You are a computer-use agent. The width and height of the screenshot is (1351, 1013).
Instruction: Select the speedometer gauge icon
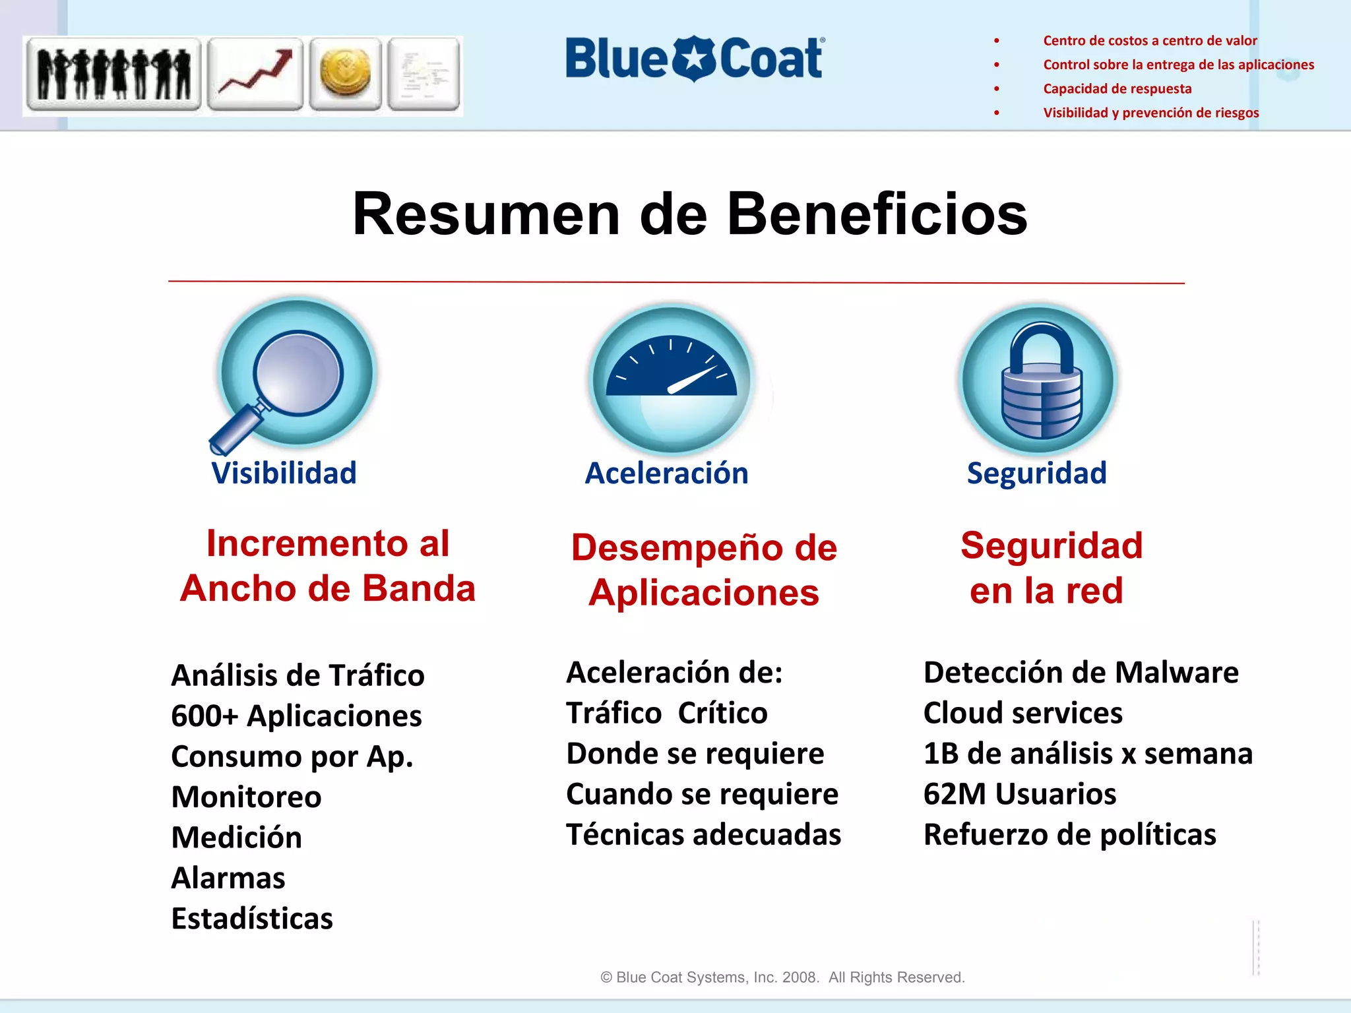point(672,379)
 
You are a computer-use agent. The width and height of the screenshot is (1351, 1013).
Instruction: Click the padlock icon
point(1040,380)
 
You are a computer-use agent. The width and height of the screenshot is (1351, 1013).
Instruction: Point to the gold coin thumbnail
point(345,73)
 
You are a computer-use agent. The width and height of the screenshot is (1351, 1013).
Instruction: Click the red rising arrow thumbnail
point(255,73)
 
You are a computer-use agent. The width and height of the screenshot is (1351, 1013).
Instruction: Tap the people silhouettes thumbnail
point(113,73)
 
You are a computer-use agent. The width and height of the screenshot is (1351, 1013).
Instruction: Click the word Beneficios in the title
point(877,214)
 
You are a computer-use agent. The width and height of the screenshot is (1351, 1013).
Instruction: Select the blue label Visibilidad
point(284,473)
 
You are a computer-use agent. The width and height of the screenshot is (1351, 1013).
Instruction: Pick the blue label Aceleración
point(666,473)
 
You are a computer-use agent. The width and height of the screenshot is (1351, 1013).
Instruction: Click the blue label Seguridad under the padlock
point(1036,473)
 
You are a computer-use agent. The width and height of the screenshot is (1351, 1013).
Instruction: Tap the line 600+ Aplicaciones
point(296,716)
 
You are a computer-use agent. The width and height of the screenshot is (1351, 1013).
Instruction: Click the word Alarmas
point(228,878)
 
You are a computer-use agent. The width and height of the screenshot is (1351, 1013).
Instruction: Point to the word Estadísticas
point(252,919)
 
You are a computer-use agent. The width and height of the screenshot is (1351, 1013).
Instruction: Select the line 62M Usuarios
point(1020,794)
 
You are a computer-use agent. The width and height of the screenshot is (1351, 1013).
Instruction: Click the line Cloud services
point(1022,713)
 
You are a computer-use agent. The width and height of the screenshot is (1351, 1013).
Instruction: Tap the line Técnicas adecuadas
point(703,834)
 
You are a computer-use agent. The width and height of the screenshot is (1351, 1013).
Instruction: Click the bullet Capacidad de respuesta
point(1117,88)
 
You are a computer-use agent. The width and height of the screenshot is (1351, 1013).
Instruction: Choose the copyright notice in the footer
point(782,977)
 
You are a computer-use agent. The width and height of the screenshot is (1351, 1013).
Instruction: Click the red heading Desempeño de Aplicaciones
point(704,570)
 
